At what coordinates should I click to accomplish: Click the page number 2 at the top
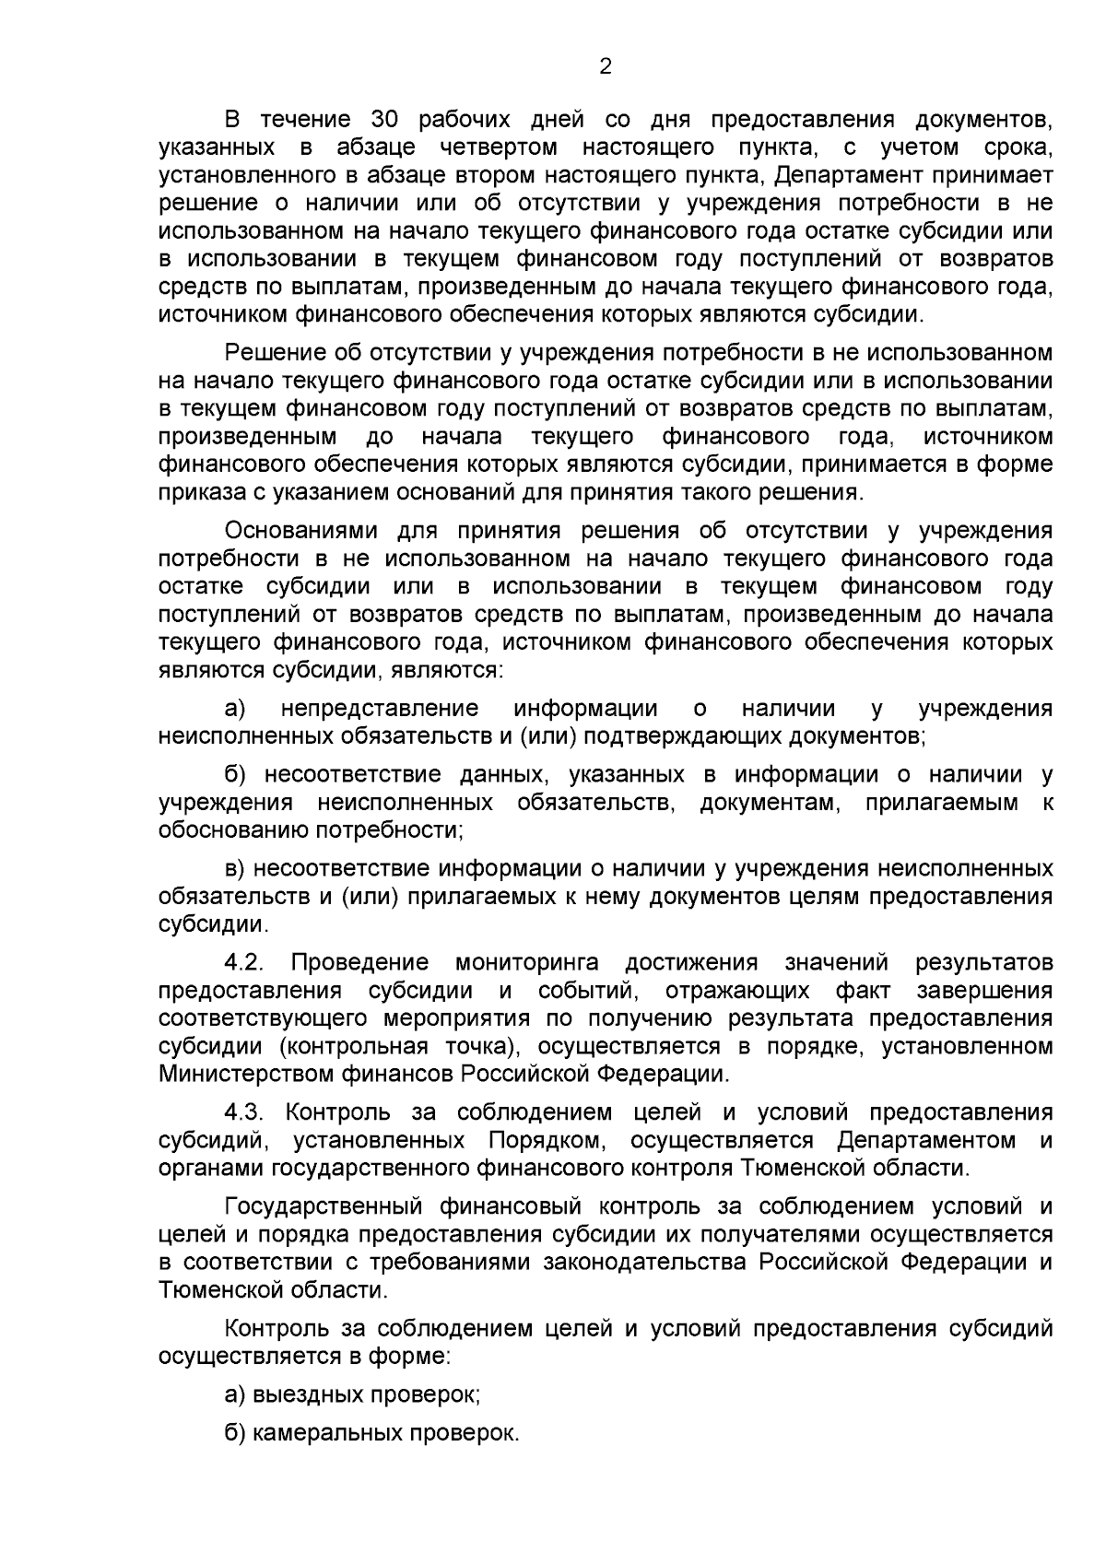[606, 66]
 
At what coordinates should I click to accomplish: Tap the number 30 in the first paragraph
[384, 120]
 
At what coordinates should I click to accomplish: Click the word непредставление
[380, 709]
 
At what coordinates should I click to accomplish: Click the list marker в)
[236, 869]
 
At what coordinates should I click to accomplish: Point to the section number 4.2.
[245, 963]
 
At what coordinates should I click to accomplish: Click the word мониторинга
[527, 963]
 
